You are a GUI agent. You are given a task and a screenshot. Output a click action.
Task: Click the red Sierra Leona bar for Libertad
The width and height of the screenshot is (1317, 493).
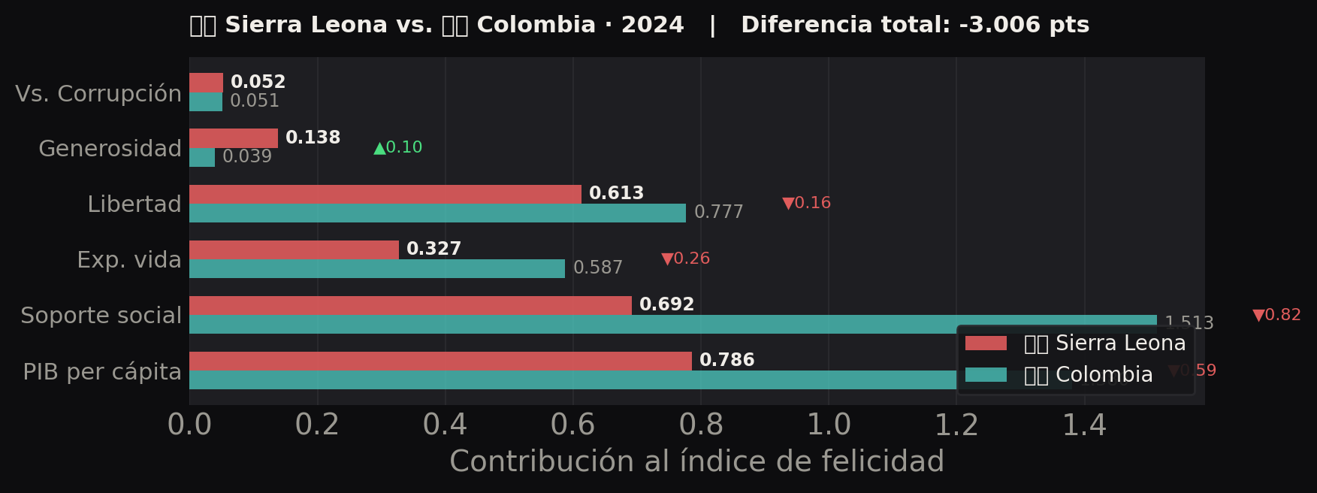click(385, 194)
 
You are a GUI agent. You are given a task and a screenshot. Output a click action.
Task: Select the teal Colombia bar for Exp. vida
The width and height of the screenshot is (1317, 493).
click(376, 268)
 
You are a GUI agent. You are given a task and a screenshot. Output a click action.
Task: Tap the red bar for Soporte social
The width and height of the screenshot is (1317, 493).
click(410, 305)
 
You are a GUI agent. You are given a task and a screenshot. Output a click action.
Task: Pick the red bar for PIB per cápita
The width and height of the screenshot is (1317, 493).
click(440, 361)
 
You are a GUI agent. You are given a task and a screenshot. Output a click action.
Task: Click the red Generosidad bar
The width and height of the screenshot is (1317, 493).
click(233, 138)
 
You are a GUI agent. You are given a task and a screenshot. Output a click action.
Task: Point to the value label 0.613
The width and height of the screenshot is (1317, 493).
click(616, 193)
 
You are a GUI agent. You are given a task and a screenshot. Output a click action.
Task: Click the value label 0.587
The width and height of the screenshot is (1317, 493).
click(597, 268)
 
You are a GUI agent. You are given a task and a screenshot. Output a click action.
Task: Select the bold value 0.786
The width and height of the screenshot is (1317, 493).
click(726, 360)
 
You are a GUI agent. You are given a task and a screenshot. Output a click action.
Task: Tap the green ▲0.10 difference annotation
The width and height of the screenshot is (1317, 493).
click(398, 147)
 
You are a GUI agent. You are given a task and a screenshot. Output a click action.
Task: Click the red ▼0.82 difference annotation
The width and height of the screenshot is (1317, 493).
click(1276, 315)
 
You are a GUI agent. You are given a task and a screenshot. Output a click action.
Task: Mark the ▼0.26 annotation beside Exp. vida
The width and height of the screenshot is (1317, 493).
click(685, 259)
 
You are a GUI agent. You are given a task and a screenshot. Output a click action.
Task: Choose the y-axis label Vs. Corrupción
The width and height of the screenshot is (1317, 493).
click(98, 93)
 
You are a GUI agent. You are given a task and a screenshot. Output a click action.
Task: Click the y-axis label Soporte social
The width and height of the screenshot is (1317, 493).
click(101, 315)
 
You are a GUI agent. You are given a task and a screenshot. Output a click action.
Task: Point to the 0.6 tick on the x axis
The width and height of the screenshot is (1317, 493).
click(572, 425)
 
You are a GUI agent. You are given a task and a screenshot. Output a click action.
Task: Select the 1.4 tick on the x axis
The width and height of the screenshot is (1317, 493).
click(1083, 425)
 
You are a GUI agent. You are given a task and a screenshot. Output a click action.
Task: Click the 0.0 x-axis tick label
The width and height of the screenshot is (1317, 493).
click(189, 425)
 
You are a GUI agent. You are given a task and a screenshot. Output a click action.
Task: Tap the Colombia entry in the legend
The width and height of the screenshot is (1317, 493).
click(1088, 374)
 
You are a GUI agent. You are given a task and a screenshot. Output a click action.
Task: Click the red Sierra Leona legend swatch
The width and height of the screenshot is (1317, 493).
click(985, 343)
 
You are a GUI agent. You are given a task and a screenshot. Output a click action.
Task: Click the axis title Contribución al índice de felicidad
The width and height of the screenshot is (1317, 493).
click(696, 461)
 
